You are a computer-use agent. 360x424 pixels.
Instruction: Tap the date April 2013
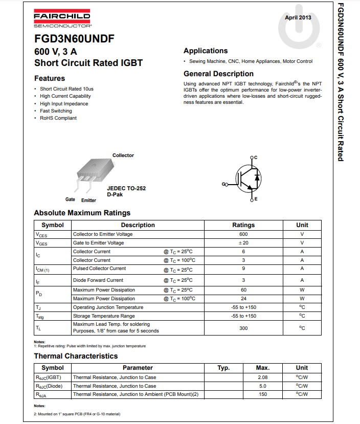coord(298,17)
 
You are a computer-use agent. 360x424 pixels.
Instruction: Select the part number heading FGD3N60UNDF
coord(74,39)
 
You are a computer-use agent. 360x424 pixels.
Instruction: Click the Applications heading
coord(206,51)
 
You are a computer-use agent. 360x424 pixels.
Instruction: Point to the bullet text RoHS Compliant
coord(58,118)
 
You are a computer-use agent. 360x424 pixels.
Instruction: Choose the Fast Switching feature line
coord(56,111)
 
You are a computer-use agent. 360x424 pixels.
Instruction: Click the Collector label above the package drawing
coord(123,155)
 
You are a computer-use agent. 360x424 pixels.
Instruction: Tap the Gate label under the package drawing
coord(70,199)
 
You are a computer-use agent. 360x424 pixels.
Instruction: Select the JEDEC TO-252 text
coord(126,188)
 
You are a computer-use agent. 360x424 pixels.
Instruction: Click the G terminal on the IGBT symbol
coord(224,184)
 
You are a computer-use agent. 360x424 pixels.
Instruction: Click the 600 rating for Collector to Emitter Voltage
coord(243,234)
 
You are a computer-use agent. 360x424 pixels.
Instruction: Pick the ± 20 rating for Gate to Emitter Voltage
coord(243,243)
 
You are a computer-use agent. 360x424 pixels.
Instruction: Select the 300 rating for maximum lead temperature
coord(243,328)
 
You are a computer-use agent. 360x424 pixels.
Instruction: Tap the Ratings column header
coord(243,225)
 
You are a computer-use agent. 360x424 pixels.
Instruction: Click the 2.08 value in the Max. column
coord(263,377)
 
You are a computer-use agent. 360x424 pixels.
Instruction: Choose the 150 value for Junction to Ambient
coord(263,394)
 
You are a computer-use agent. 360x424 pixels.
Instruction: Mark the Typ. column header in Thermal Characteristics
coord(223,368)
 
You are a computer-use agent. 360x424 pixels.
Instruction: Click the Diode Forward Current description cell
coord(98,280)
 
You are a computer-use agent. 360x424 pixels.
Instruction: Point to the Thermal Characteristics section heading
coord(76,356)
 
